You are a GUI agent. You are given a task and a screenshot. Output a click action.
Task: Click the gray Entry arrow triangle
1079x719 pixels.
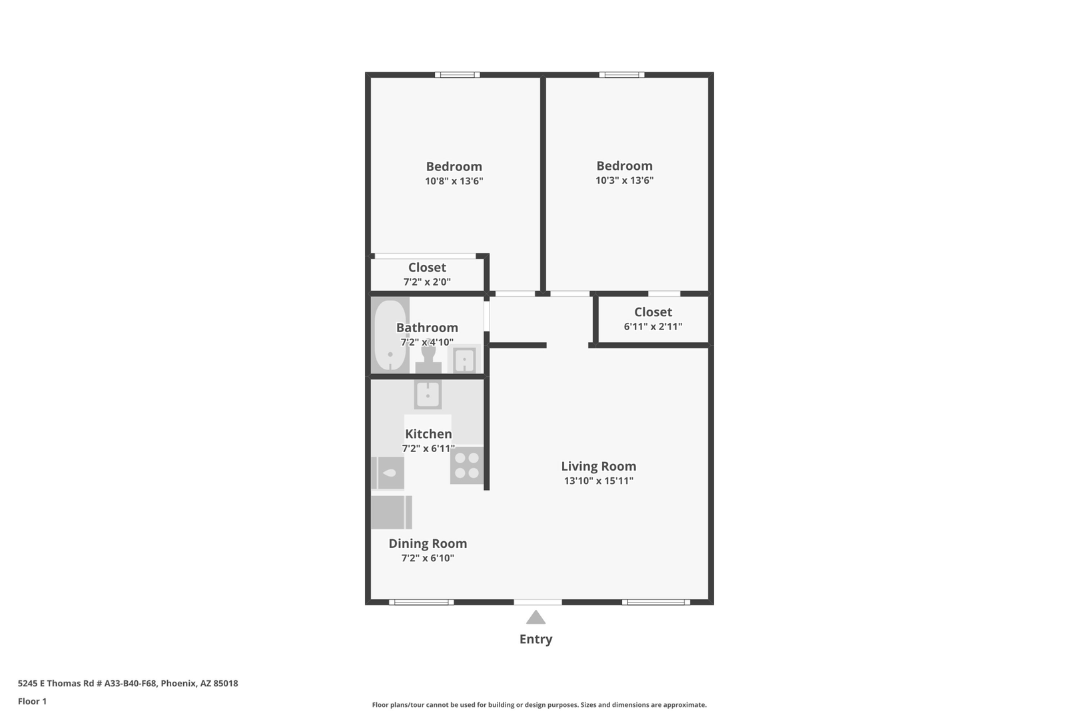pyautogui.click(x=536, y=618)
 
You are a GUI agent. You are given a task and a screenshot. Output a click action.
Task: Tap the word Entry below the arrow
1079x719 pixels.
pyautogui.click(x=536, y=639)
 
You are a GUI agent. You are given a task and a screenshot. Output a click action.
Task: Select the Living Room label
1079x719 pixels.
pyautogui.click(x=599, y=466)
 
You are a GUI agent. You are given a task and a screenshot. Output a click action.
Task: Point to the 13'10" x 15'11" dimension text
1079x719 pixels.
pyautogui.click(x=599, y=481)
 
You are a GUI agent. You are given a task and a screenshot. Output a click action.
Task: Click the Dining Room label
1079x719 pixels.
pyautogui.click(x=428, y=543)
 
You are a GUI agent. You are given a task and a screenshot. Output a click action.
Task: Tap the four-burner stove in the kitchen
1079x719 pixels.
pyautogui.click(x=467, y=466)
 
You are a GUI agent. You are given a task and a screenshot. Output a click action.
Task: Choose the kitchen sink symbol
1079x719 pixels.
pyautogui.click(x=428, y=395)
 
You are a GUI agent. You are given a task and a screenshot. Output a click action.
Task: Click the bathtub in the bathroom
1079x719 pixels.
pyautogui.click(x=390, y=335)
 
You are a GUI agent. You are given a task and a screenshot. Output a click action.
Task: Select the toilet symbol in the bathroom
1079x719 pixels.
pyautogui.click(x=428, y=356)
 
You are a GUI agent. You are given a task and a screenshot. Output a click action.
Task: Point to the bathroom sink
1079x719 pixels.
pyautogui.click(x=464, y=359)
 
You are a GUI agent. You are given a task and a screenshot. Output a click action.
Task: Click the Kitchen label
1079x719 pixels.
pyautogui.click(x=428, y=434)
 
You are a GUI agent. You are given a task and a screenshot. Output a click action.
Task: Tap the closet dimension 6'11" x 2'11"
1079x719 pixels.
pyautogui.click(x=653, y=326)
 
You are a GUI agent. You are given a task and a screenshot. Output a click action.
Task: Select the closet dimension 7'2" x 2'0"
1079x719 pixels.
pyautogui.click(x=427, y=282)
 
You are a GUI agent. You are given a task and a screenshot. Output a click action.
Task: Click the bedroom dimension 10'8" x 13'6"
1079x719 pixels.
pyautogui.click(x=454, y=181)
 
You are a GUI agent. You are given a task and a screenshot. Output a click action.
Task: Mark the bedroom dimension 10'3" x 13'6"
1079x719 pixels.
pyautogui.click(x=624, y=180)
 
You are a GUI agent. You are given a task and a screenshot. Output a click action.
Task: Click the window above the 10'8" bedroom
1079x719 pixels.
pyautogui.click(x=457, y=75)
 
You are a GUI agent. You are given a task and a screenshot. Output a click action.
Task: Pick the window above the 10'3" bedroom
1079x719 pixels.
pyautogui.click(x=622, y=75)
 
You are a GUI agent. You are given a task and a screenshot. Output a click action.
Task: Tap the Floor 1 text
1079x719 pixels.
pyautogui.click(x=32, y=701)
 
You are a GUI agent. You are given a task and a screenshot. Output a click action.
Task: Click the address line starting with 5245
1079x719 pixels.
pyautogui.click(x=128, y=683)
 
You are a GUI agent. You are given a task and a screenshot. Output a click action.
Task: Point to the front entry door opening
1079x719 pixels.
pyautogui.click(x=538, y=602)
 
